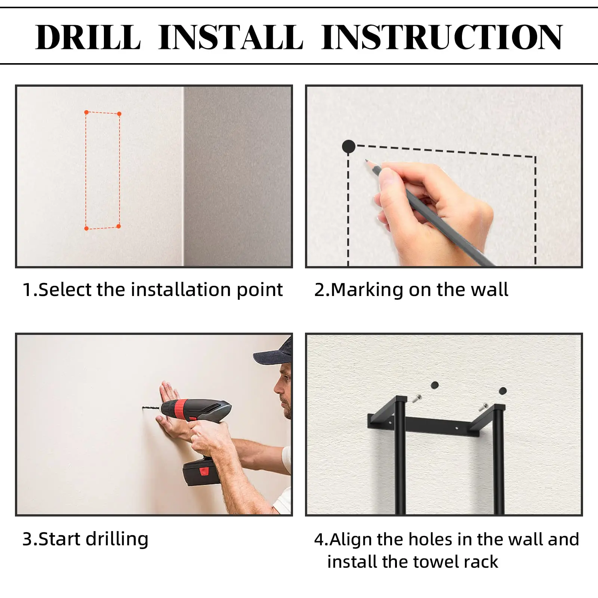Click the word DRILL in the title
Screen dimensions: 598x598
click(x=88, y=37)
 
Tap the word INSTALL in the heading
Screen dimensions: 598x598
click(x=231, y=37)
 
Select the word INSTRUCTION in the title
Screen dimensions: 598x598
click(x=442, y=37)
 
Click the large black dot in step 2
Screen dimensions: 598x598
click(x=349, y=147)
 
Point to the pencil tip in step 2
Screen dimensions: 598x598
click(x=367, y=161)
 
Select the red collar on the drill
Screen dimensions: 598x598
click(x=183, y=408)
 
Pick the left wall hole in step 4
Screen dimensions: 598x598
click(x=434, y=385)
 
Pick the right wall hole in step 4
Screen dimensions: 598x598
click(x=503, y=391)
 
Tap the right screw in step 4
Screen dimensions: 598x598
click(x=483, y=407)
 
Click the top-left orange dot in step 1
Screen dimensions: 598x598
click(x=86, y=112)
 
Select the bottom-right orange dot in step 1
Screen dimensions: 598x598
click(x=118, y=226)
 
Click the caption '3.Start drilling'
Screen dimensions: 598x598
click(x=86, y=539)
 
